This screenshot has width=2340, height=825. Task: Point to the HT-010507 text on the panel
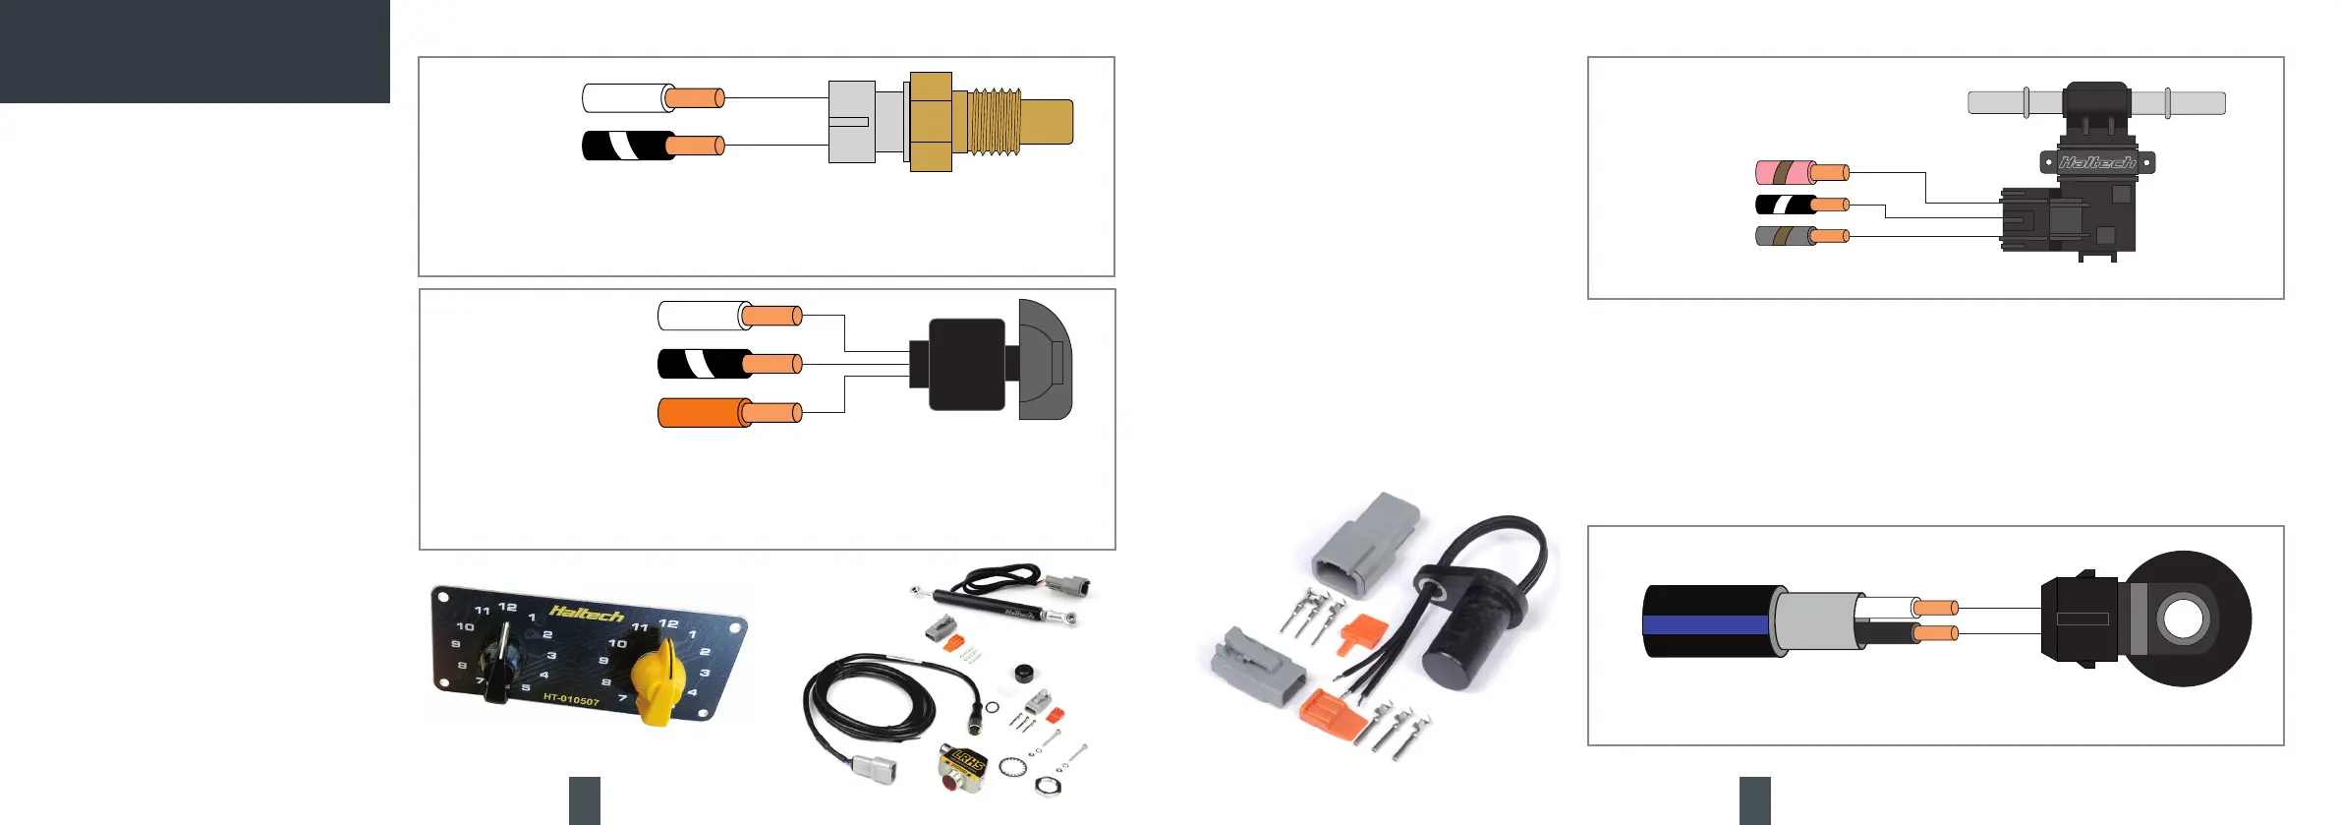(x=571, y=698)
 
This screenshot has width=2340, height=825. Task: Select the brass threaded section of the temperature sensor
(x=995, y=122)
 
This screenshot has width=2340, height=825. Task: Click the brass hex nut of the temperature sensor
(x=931, y=122)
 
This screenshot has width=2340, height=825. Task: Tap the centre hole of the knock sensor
(x=2183, y=619)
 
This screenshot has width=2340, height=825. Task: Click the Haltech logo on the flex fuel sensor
(x=2097, y=162)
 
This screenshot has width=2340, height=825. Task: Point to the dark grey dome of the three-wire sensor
(x=1046, y=360)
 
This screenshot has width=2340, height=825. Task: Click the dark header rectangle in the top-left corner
(x=195, y=51)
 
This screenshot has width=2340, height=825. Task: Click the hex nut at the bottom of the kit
(x=1045, y=785)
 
